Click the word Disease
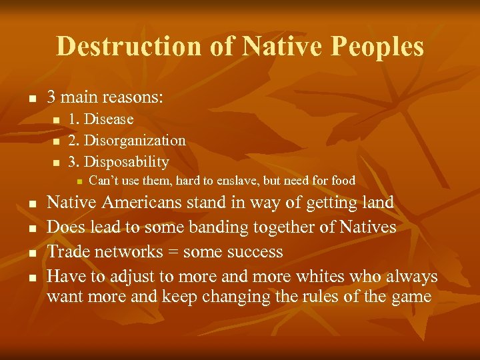click(109, 119)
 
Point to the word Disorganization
click(135, 141)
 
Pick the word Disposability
click(127, 162)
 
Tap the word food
click(341, 181)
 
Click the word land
click(377, 203)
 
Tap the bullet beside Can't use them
click(78, 181)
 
